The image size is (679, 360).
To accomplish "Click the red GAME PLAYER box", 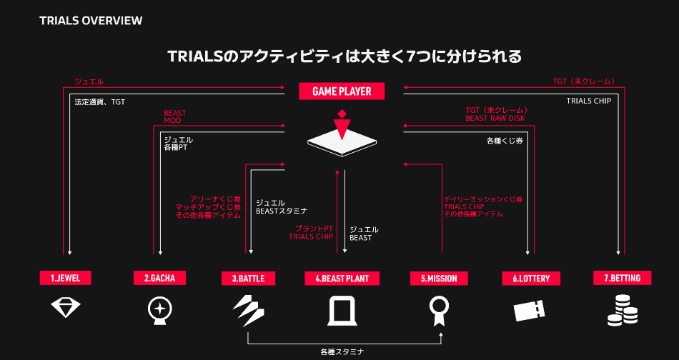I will [x=342, y=91].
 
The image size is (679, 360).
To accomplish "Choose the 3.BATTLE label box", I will [x=248, y=278].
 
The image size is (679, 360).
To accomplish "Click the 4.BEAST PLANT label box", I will [x=342, y=278].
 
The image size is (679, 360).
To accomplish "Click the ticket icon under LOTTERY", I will [x=530, y=311].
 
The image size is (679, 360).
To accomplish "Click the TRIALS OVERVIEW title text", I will [x=91, y=20].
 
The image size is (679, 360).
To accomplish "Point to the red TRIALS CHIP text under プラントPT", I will [x=311, y=237].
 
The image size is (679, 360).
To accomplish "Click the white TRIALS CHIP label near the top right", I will [x=589, y=101].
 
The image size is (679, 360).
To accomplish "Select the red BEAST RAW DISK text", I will [x=495, y=119].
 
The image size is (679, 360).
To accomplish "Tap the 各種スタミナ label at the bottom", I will [x=342, y=351].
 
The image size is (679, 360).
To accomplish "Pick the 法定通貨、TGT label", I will [x=100, y=102].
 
